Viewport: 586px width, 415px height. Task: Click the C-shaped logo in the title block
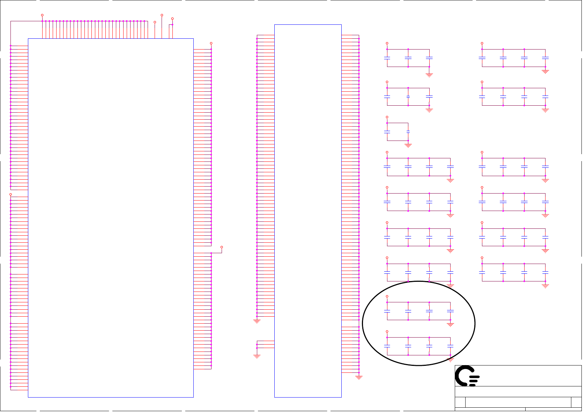coord(467,376)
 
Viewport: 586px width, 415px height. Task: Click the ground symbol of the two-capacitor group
coord(408,145)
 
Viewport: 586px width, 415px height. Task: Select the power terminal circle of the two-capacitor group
coord(387,117)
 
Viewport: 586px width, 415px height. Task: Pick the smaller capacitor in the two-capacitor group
coord(408,132)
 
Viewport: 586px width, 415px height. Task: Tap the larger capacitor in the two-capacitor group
coord(387,132)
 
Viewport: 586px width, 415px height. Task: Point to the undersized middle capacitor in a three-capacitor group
coord(408,96)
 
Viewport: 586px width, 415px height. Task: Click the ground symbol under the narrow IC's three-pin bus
coord(257,356)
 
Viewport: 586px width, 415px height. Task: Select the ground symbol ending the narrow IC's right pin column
coord(359,377)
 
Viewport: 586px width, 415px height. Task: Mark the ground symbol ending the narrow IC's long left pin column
coord(257,321)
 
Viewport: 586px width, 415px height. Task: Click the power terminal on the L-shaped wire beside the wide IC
coord(222,247)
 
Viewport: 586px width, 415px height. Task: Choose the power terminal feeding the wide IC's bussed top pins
coord(42,15)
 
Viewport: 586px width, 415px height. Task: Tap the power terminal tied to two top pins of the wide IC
coord(172,19)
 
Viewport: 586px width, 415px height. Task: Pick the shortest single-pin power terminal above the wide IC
coord(155,22)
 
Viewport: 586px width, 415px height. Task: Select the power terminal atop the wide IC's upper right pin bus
coord(211,43)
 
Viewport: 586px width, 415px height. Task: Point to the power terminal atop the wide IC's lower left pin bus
coord(10,194)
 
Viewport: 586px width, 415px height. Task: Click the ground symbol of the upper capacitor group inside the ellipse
coord(450,325)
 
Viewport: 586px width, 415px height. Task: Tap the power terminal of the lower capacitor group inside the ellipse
coord(387,332)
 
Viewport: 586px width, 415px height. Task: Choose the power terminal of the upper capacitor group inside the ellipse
coord(387,296)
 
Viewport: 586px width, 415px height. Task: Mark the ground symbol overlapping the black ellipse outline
coord(450,360)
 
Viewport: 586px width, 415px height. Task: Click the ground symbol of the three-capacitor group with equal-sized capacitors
coord(429,75)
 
